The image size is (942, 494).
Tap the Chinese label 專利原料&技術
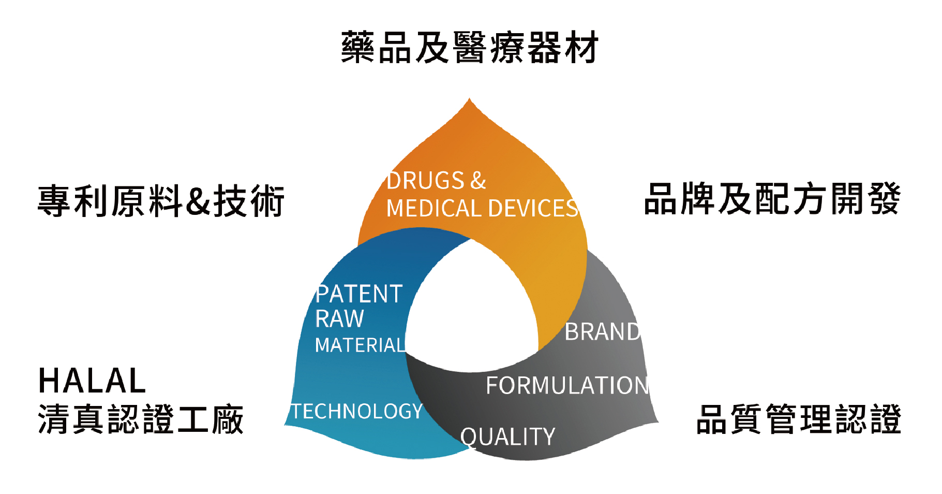pyautogui.click(x=161, y=201)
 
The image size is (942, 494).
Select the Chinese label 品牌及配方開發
pyautogui.click(x=772, y=199)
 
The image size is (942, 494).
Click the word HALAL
pyautogui.click(x=92, y=381)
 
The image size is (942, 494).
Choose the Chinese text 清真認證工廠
pyautogui.click(x=141, y=419)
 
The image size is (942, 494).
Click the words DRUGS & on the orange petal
pyautogui.click(x=436, y=181)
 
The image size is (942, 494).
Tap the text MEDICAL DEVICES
pyautogui.click(x=482, y=208)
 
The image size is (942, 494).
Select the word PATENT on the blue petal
pyautogui.click(x=359, y=294)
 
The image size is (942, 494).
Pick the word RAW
pyautogui.click(x=339, y=318)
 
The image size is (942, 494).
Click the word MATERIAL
pyautogui.click(x=360, y=345)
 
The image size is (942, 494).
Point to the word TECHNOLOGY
pyautogui.click(x=357, y=411)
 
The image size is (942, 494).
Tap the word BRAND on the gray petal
pyautogui.click(x=602, y=332)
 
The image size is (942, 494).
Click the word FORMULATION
pyautogui.click(x=567, y=386)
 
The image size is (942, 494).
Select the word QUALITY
pyautogui.click(x=507, y=437)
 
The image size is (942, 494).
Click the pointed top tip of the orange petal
pyautogui.click(x=469, y=99)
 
